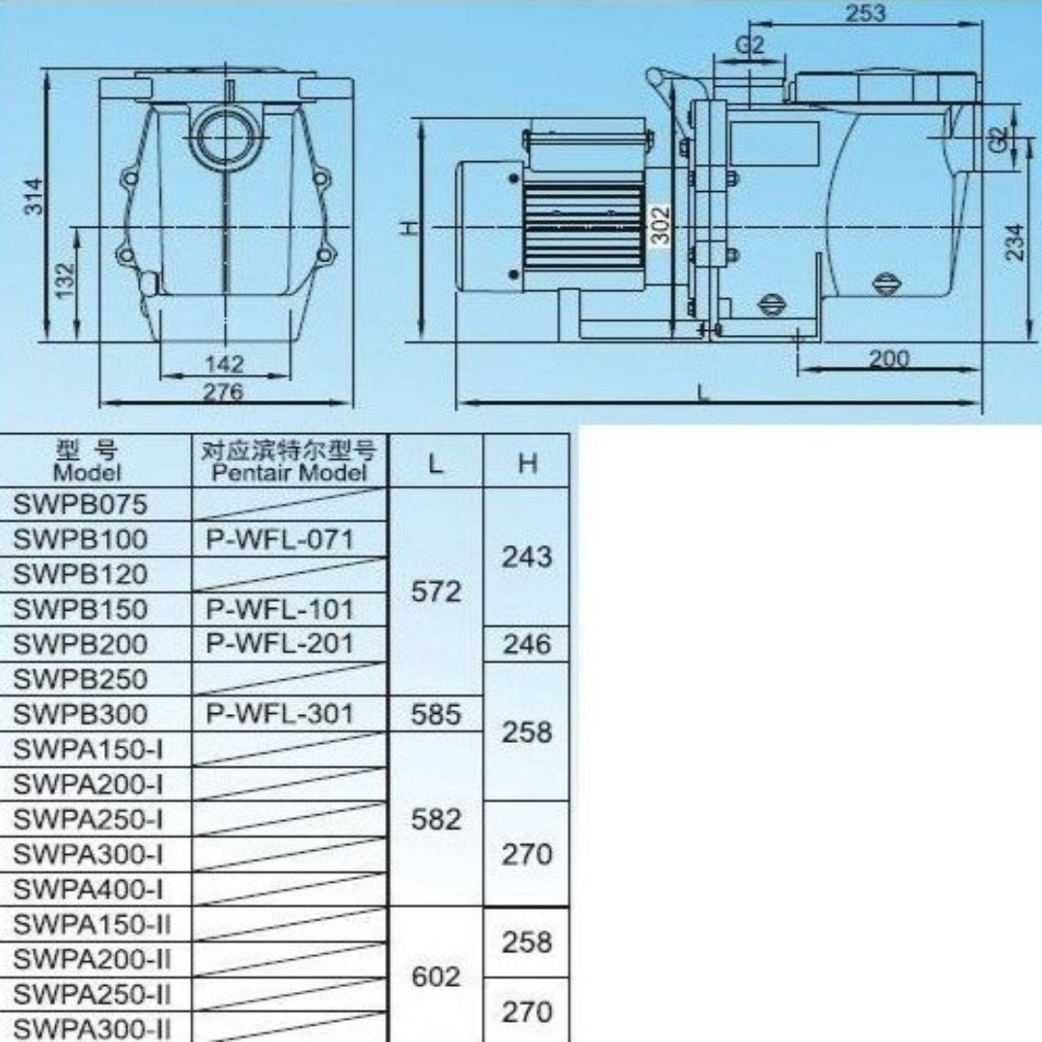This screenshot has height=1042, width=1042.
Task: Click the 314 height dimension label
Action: [x=34, y=196]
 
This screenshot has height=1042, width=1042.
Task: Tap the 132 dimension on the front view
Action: [x=66, y=281]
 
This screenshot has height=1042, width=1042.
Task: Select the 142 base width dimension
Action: [x=225, y=364]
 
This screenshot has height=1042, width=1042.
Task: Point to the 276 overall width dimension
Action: [x=223, y=392]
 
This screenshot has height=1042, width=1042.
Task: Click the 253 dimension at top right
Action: [x=865, y=13]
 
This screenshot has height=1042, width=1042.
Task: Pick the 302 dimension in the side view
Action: [x=660, y=226]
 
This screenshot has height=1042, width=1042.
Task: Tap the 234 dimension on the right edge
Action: [x=1015, y=242]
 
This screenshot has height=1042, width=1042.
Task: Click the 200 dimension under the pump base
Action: [x=889, y=359]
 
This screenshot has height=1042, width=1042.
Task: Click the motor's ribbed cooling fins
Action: [x=584, y=225]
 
